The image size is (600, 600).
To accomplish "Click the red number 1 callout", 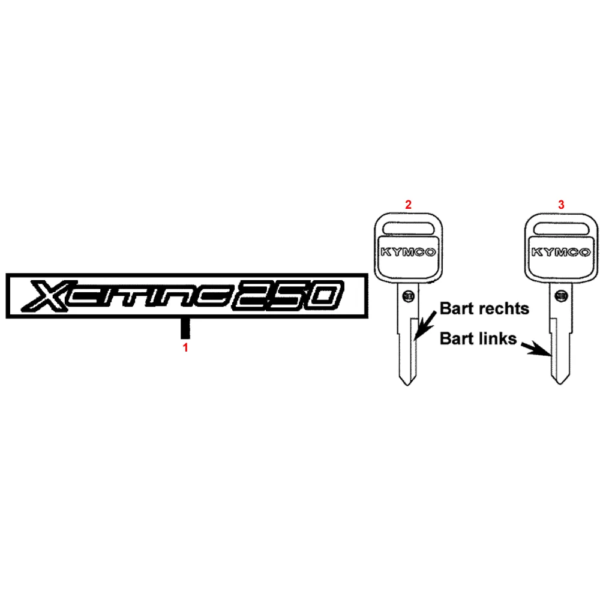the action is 185,347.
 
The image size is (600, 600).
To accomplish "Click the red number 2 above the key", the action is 409,205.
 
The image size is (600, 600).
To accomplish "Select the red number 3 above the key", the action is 561,205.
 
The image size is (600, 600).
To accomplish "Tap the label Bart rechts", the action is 485,308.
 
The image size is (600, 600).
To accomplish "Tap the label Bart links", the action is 478,338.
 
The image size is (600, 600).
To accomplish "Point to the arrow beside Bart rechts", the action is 427,329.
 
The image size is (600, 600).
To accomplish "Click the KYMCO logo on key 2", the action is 409,253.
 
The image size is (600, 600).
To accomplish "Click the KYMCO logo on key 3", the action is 561,253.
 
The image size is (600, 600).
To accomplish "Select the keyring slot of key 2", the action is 409,227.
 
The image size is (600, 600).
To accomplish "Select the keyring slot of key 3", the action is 561,227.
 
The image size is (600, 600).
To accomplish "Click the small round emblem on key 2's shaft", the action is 409,295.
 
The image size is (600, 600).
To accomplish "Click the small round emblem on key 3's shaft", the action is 562,295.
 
